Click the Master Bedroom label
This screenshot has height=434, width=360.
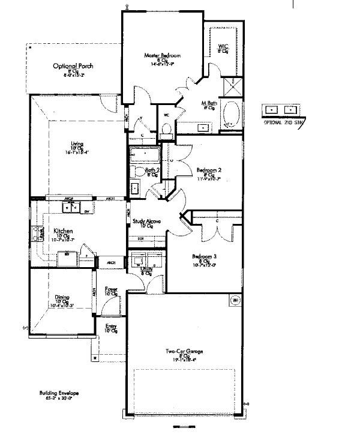click(x=162, y=56)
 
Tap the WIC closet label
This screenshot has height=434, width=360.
click(x=223, y=46)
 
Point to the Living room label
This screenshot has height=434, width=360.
click(x=77, y=143)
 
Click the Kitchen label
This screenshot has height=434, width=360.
click(x=63, y=231)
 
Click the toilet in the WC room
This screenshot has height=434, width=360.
click(x=166, y=128)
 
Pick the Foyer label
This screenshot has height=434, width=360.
click(x=111, y=290)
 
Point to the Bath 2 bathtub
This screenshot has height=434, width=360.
click(x=144, y=155)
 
